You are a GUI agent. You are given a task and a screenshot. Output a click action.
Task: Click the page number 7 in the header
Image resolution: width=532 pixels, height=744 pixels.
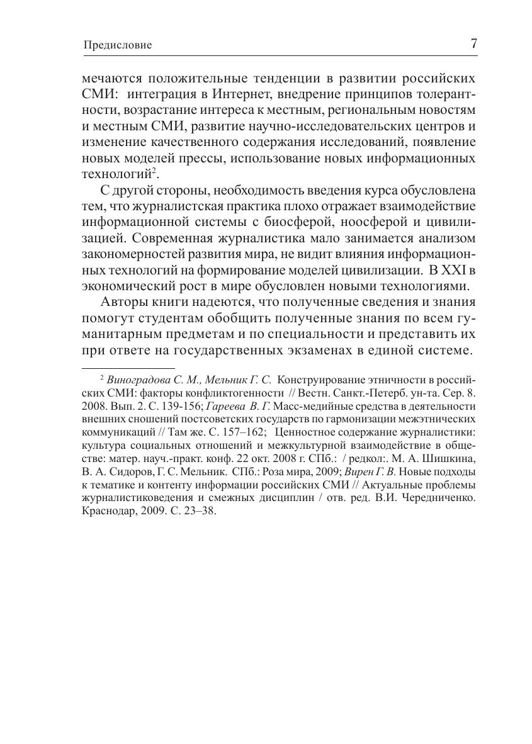coord(473,44)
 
